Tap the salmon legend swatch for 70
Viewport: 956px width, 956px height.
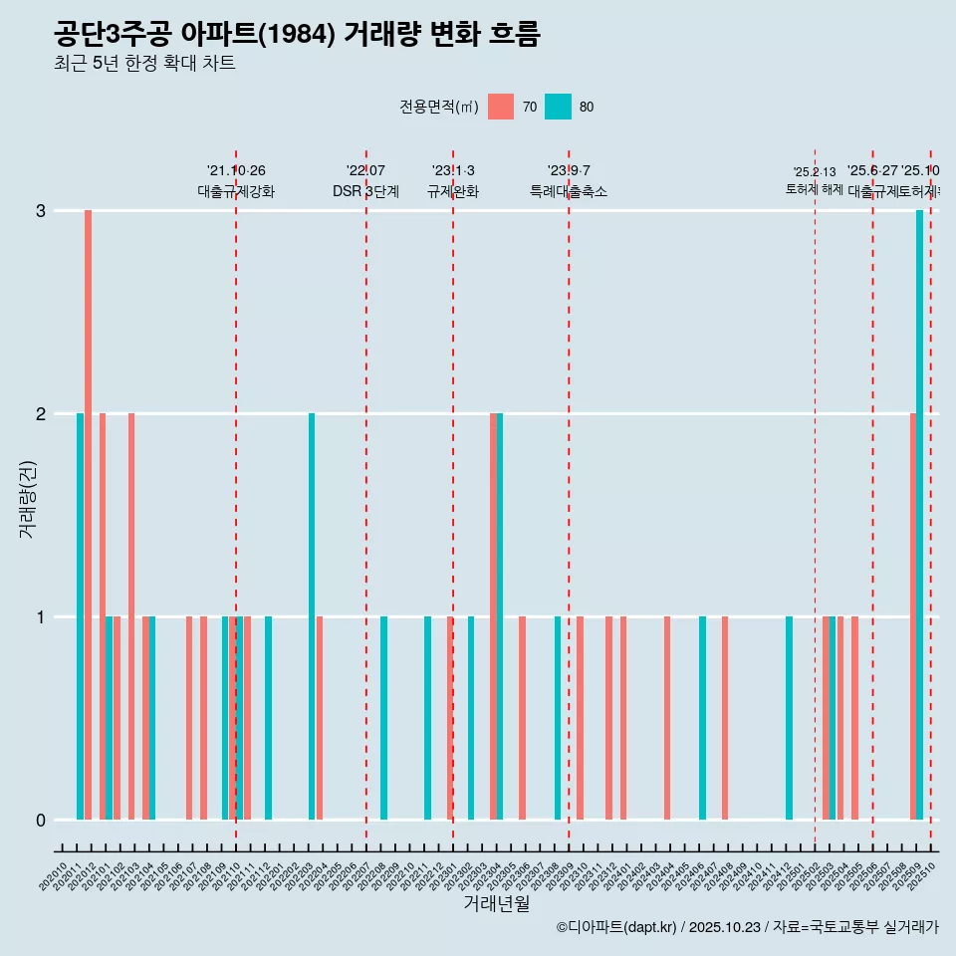501,107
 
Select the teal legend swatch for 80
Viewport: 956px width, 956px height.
558,107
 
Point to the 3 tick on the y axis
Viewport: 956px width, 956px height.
41,211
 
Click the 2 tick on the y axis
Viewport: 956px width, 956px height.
41,414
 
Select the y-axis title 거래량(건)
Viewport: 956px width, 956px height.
27,499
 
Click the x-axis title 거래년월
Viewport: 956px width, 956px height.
496,903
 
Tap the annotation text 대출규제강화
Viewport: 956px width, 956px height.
236,192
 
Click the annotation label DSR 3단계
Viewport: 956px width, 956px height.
366,192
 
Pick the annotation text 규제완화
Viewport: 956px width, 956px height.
453,192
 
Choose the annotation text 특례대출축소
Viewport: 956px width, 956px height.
569,192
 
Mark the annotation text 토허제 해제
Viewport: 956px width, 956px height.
815,189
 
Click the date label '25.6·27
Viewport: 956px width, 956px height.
872,171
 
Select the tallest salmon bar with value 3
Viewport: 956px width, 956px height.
88,515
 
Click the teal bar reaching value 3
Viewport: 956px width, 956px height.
919,515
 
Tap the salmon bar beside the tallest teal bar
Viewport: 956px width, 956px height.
912,616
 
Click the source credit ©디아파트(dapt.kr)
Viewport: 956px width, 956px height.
617,928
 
